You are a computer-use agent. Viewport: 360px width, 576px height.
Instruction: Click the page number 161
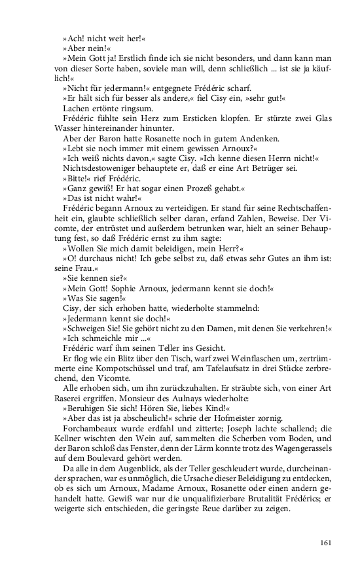pos(327,541)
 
